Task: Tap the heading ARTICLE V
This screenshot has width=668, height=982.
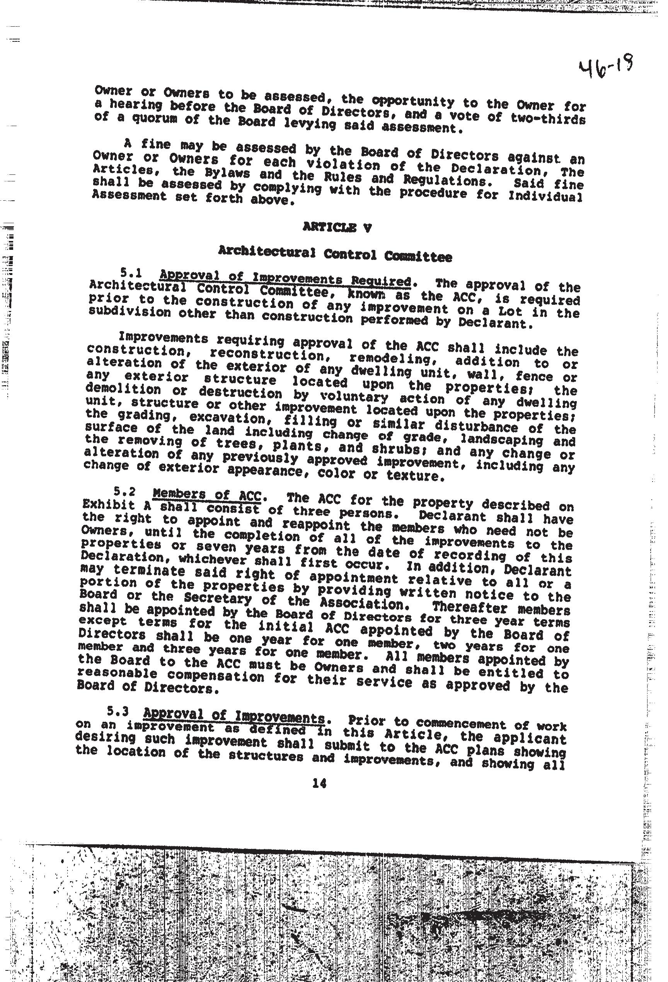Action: [x=337, y=228]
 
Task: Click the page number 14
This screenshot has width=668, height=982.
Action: [x=319, y=784]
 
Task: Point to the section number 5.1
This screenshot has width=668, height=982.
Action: [x=131, y=273]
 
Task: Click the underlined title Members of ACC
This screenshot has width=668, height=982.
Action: [x=207, y=495]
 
